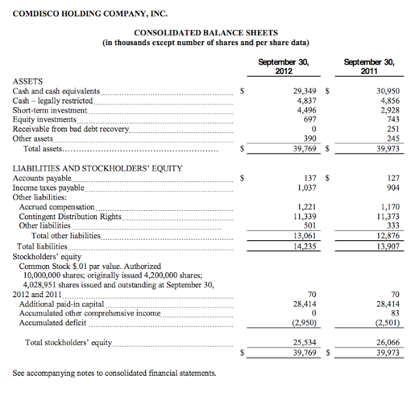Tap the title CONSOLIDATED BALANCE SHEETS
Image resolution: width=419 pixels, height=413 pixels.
tap(206, 33)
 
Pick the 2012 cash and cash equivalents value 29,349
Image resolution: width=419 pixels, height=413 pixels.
tap(304, 92)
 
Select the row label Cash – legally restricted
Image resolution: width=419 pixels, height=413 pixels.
tap(53, 101)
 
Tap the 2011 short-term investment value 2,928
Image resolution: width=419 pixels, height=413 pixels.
tap(390, 111)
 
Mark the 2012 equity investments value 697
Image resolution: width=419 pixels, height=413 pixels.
tap(310, 120)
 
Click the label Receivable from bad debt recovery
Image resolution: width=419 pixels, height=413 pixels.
tap(71, 129)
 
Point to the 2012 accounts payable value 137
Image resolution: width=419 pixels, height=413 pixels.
tap(310, 178)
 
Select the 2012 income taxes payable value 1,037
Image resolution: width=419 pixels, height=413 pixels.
tap(306, 188)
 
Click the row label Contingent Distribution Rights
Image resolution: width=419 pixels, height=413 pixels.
tap(71, 217)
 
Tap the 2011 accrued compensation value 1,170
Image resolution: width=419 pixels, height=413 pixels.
tap(390, 207)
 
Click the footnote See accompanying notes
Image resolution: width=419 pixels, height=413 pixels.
tap(114, 373)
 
